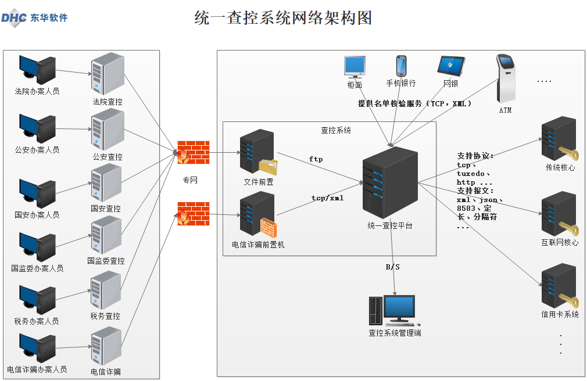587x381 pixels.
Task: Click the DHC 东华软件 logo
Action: tap(34, 17)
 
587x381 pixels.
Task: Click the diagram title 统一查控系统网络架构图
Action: tap(283, 18)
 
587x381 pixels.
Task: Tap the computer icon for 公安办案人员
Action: tap(37, 128)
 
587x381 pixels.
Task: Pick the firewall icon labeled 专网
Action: tap(192, 153)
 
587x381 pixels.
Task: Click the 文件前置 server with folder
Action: tap(259, 153)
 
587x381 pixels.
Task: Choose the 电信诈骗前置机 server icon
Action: tap(259, 214)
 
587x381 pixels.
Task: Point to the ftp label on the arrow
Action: tap(316, 159)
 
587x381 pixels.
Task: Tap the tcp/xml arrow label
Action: tap(327, 198)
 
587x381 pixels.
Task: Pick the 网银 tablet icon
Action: tap(451, 67)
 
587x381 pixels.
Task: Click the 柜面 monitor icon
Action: tap(355, 67)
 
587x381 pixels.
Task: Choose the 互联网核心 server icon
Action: tap(559, 215)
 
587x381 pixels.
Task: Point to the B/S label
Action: tap(393, 267)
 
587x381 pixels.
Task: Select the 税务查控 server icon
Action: tap(106, 291)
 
